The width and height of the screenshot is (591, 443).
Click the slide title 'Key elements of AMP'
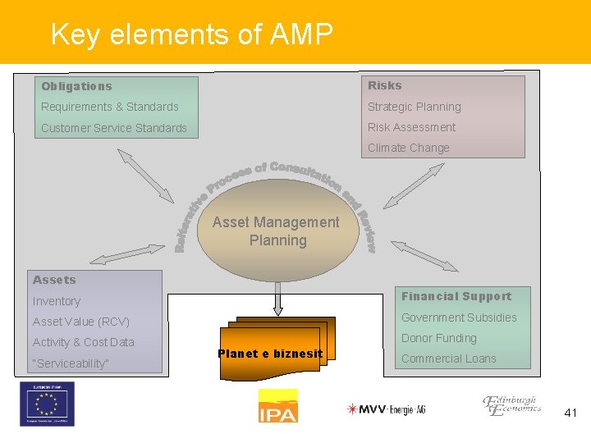coord(191,34)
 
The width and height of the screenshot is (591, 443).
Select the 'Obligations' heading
coord(76,86)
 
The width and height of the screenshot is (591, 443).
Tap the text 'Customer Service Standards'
coord(114,128)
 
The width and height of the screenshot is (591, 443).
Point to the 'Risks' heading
coord(384,85)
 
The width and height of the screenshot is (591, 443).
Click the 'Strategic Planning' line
coord(414,107)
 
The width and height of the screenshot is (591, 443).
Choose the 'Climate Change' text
coord(408,148)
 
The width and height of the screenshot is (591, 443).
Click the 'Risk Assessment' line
coord(411,127)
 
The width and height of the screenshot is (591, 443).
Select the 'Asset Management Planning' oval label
coord(276,231)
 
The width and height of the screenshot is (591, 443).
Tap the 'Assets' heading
coord(54,280)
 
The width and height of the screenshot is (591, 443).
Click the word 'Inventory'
coord(57,301)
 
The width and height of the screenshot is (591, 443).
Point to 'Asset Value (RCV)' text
coord(81,322)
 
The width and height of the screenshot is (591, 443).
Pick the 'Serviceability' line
coord(71,363)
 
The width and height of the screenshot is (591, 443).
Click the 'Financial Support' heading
coord(456,296)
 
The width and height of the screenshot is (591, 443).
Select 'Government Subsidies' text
coord(459,317)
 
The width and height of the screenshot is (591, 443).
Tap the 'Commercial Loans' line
coord(448,359)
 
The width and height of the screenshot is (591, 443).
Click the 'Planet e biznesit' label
coord(270,354)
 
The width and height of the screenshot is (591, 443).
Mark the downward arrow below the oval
coord(277,299)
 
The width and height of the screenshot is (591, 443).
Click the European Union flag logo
coord(47,404)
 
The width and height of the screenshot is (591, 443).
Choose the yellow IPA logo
coord(277,406)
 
